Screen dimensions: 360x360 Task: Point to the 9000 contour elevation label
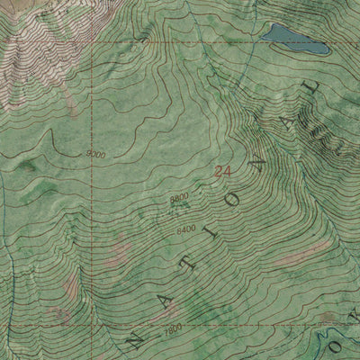click(x=96, y=155)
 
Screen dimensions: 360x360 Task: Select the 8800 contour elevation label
click(x=177, y=196)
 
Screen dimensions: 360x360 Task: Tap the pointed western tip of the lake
click(x=263, y=36)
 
